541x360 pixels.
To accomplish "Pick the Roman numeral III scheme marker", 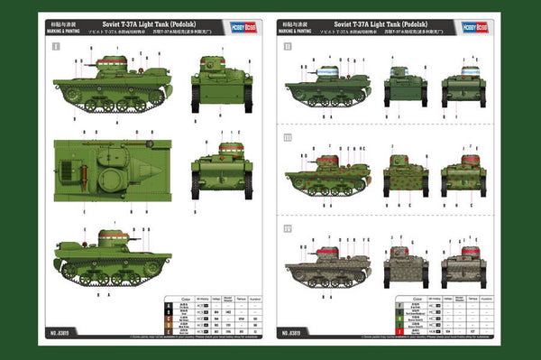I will (x=289, y=137).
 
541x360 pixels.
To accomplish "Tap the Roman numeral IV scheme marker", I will (x=289, y=227).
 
